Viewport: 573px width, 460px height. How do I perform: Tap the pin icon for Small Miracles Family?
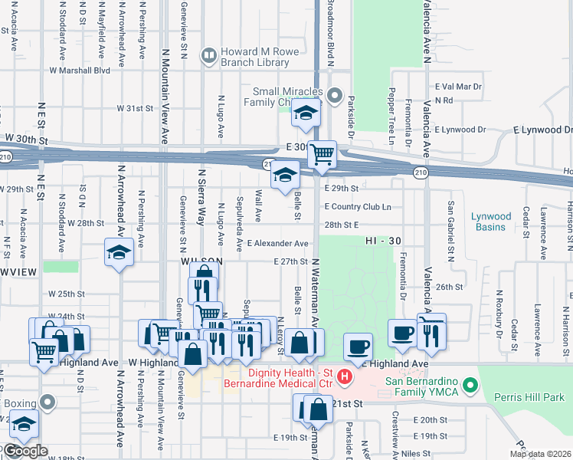pos(334,96)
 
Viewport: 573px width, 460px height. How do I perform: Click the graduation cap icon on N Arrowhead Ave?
pos(119,254)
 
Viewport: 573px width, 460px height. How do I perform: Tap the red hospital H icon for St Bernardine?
pos(345,376)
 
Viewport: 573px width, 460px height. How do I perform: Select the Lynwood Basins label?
pos(490,222)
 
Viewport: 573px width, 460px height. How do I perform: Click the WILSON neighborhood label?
pos(201,261)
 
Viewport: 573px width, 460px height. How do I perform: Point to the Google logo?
pos(25,451)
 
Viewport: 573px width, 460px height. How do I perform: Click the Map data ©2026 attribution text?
pos(541,454)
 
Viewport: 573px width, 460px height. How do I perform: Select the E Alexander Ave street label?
pos(277,244)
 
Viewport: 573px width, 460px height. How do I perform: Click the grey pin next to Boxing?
pos(48,402)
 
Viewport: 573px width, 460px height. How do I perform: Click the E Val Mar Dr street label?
pos(458,87)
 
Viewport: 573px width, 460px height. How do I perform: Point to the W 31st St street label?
pos(135,109)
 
